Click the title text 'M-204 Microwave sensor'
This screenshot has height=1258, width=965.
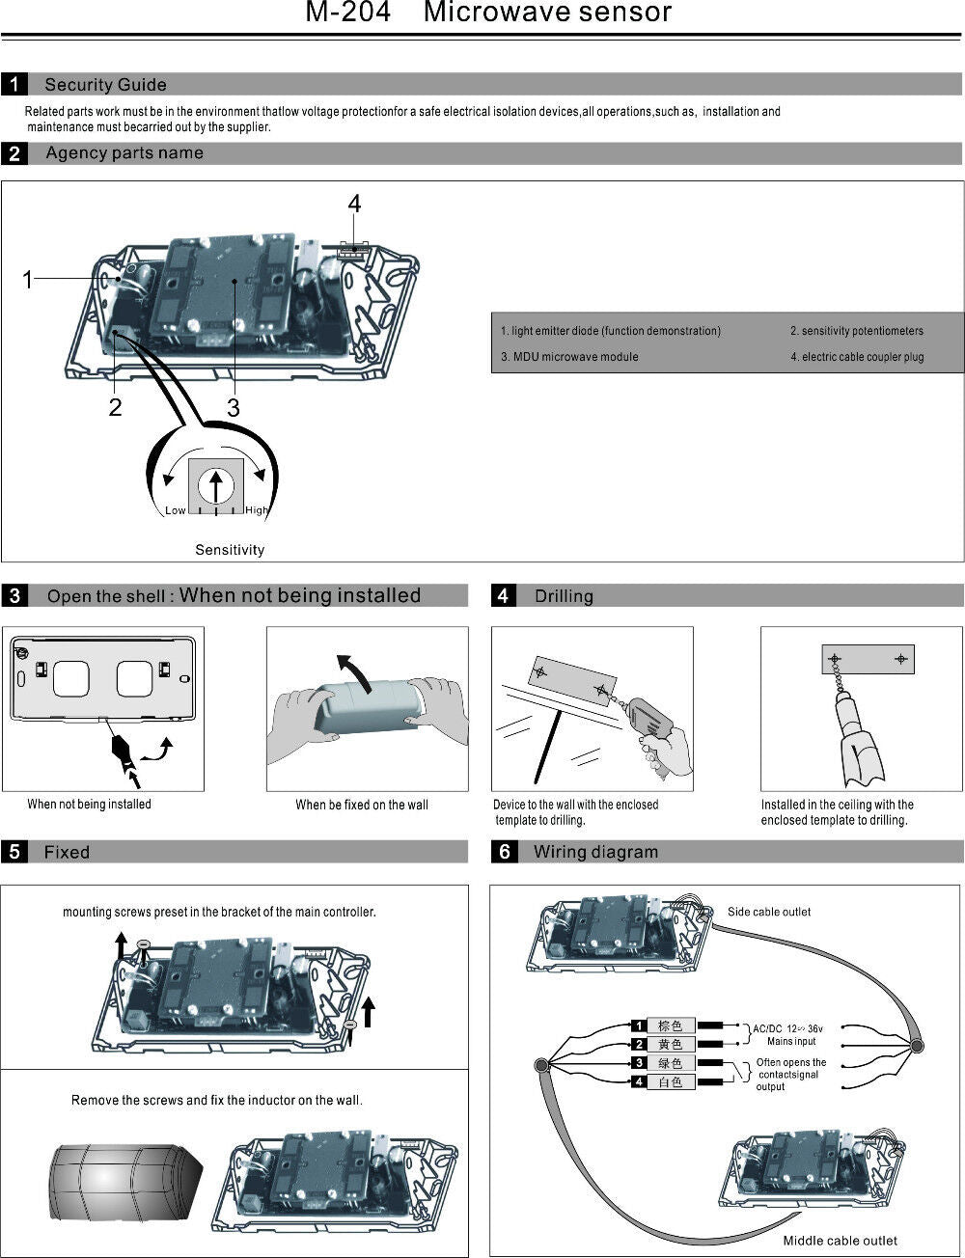[488, 14]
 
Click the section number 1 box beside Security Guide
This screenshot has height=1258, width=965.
[14, 85]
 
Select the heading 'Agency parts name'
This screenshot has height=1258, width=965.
[124, 153]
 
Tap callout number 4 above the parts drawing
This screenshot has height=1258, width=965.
[354, 204]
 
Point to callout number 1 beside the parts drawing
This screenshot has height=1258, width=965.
[28, 280]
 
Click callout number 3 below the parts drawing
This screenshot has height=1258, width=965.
[233, 408]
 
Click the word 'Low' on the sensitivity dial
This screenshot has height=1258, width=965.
[175, 510]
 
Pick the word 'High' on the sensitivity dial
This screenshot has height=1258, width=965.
[257, 510]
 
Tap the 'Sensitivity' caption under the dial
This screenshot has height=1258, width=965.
[230, 550]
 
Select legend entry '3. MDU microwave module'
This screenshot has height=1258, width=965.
[569, 357]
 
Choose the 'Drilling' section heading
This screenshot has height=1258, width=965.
[564, 596]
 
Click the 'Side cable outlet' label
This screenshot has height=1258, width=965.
[769, 912]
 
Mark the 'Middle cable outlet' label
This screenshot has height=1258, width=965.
[840, 1241]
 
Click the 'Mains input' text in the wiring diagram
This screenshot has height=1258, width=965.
[791, 1041]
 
